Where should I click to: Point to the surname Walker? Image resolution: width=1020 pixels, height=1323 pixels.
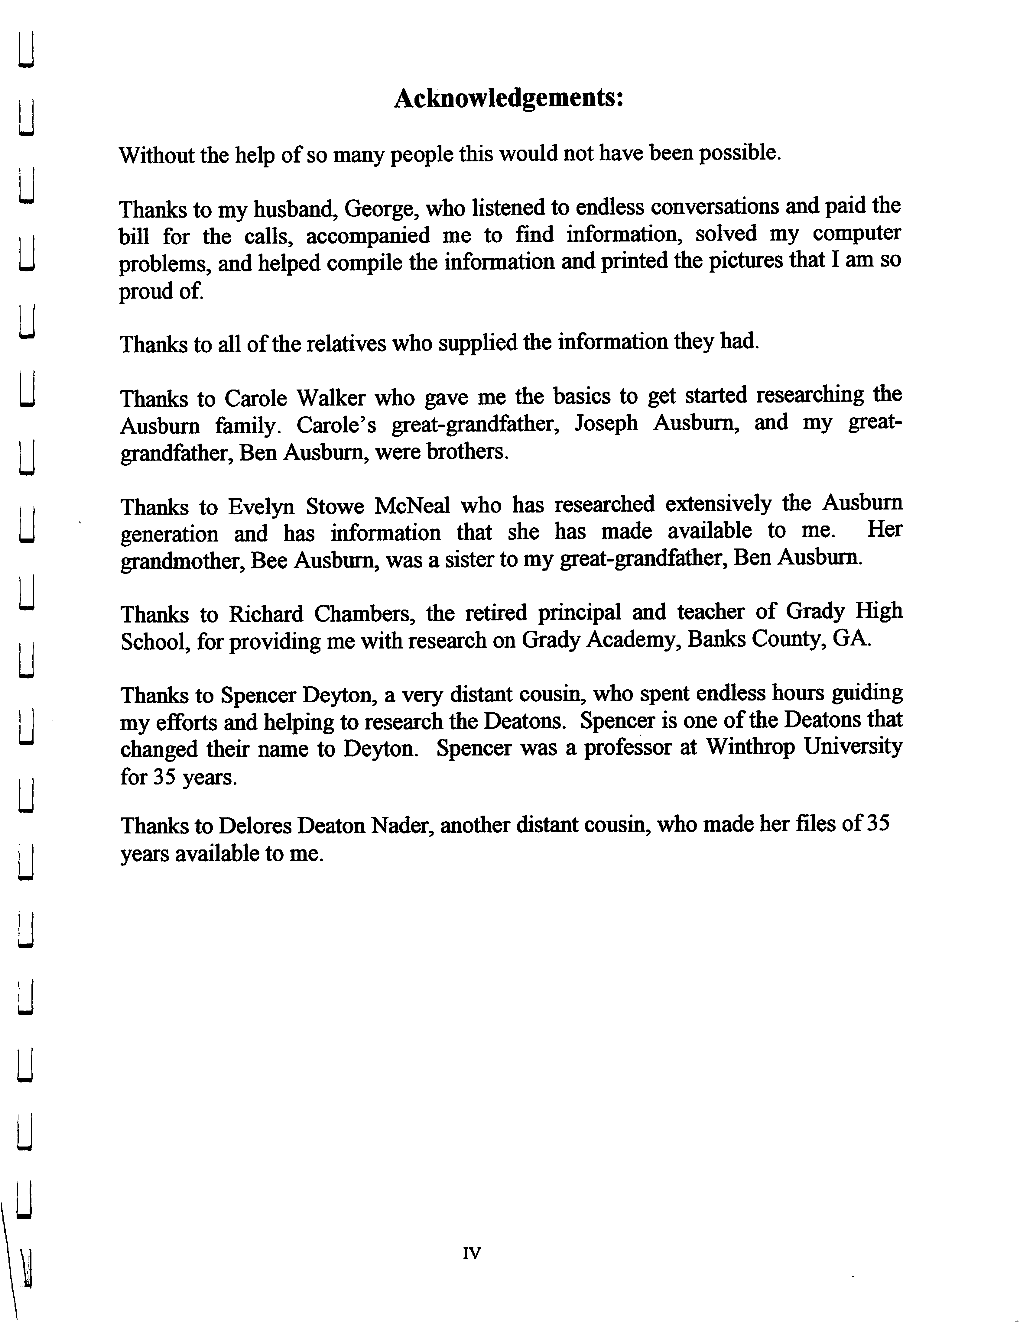click(x=330, y=398)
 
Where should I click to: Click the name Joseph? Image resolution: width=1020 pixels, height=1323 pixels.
click(x=606, y=423)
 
